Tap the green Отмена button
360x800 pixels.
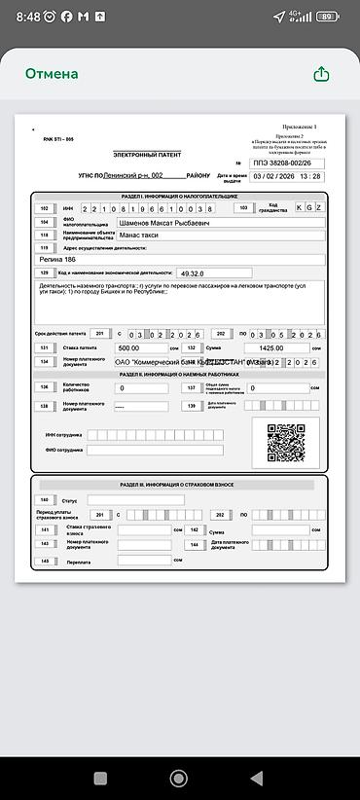(52, 74)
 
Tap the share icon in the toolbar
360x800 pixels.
(322, 74)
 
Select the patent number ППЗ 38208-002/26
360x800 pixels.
(287, 163)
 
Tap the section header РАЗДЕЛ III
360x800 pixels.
(176, 484)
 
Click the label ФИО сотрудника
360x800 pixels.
(63, 451)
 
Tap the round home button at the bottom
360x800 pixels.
(178, 778)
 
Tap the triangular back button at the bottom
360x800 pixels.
(256, 778)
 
